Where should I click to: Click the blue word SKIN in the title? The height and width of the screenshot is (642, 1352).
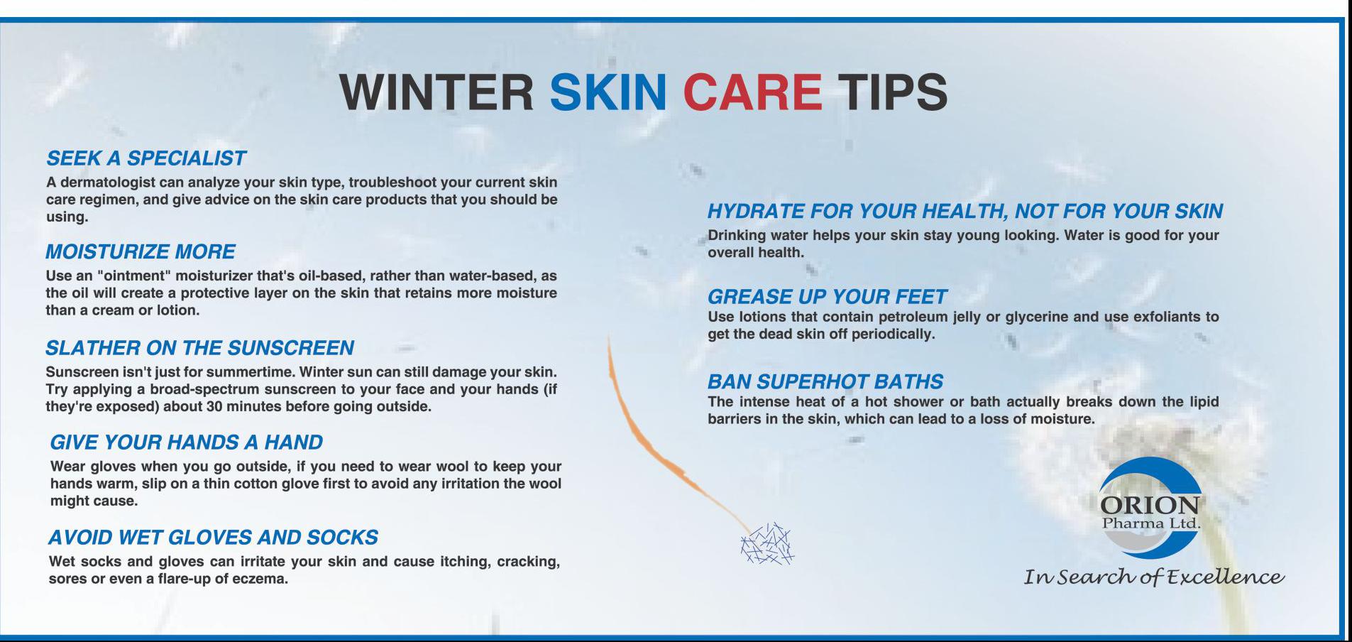pos(608,92)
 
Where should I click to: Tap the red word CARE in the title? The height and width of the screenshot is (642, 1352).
pos(752,92)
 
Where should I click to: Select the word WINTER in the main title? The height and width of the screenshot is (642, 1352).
pos(436,92)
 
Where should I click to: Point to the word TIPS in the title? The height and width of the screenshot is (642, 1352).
pos(893,92)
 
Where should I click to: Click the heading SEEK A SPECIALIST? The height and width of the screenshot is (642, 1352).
pos(146,158)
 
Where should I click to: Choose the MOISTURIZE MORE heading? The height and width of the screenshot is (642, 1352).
pos(141,251)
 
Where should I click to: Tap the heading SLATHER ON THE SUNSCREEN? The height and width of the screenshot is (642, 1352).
pos(199,347)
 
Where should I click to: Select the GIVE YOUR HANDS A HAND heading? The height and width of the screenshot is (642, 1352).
pos(186,442)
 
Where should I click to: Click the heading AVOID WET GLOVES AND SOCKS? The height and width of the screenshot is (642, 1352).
pos(213,537)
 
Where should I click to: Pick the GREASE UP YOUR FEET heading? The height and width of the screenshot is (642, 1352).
pos(828,296)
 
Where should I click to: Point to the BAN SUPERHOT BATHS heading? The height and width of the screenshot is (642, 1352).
pos(825,381)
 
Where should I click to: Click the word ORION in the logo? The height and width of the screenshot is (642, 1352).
pos(1150,505)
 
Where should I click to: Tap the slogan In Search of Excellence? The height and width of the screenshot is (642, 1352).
pos(1153,577)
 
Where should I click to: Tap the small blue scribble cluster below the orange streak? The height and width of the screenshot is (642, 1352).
pos(766,544)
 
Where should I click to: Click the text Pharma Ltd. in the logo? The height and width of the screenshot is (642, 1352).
pos(1150,523)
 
